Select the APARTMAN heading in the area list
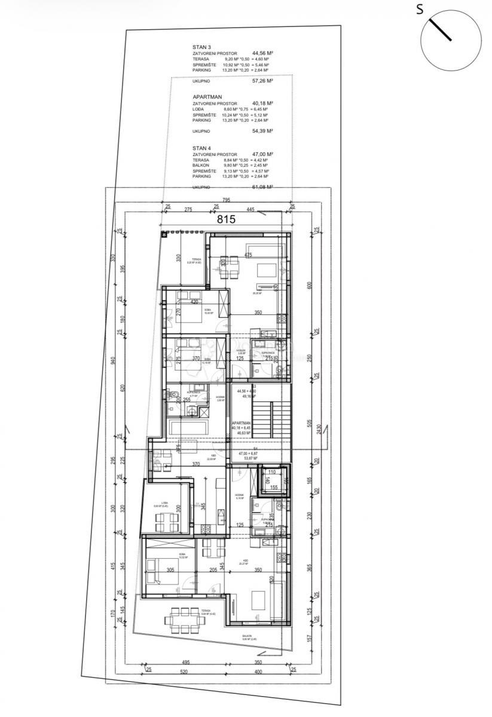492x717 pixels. [207, 96]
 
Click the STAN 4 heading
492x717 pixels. [201, 148]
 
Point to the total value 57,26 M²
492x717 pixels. [262, 80]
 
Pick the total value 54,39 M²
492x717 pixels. [262, 131]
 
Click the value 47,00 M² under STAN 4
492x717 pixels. [262, 154]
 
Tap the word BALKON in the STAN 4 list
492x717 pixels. [201, 166]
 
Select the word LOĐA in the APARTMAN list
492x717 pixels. [198, 109]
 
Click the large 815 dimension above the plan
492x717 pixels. [226, 219]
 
